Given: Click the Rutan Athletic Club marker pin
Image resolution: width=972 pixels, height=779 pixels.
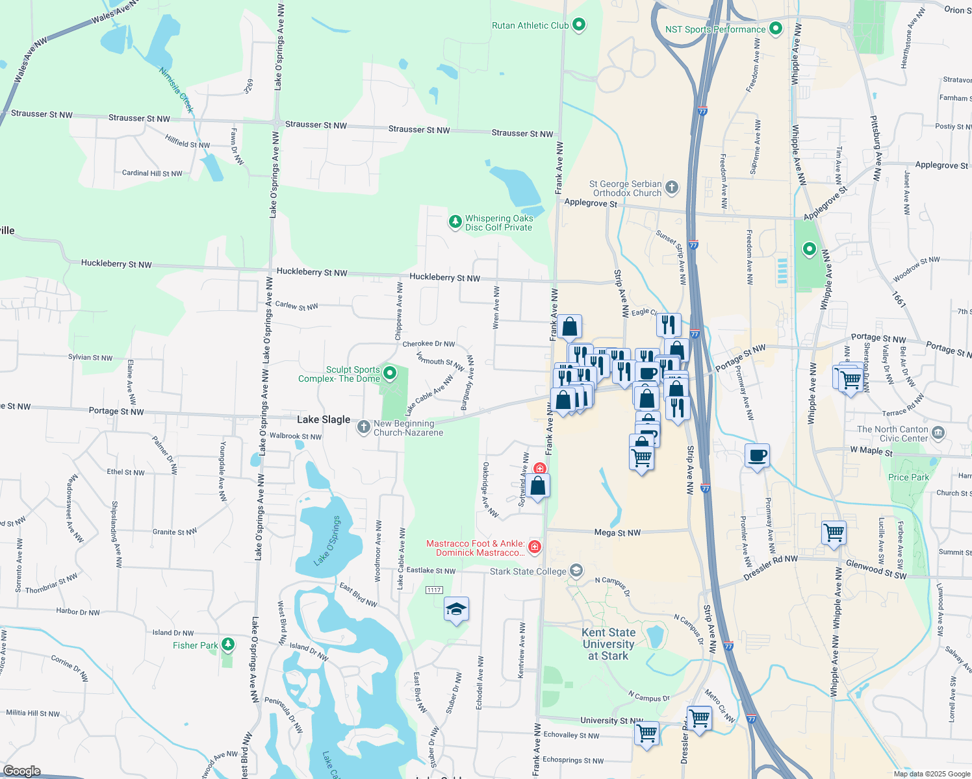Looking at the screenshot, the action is [579, 25].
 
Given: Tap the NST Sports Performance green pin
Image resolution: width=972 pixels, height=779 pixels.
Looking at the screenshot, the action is [775, 29].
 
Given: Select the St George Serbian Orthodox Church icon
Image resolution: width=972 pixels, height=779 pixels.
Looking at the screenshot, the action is [672, 188].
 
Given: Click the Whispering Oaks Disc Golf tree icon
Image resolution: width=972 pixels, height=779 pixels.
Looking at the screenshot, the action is [455, 223].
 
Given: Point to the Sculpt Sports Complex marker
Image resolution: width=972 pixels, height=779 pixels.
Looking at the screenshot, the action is [390, 373].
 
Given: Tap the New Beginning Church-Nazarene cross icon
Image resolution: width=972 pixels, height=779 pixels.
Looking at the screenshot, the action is [363, 427].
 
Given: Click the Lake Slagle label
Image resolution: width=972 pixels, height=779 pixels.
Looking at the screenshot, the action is [324, 420].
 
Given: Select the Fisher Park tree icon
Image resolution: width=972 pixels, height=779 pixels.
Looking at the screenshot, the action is [227, 645].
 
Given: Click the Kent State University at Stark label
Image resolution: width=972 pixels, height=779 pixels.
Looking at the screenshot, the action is [608, 644].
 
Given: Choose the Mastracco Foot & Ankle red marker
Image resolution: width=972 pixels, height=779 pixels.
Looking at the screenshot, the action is [535, 547].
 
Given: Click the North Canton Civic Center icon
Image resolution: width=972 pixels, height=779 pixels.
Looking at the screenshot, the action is [938, 433].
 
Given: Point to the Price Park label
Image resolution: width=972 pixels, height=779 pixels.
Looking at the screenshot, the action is [908, 477].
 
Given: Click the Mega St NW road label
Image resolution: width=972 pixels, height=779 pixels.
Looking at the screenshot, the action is [617, 532].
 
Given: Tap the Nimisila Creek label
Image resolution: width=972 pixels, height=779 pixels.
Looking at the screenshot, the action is [177, 90].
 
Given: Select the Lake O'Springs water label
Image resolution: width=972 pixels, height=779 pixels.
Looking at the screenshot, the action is [327, 541].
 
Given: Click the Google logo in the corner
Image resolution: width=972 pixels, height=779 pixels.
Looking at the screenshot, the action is [21, 771].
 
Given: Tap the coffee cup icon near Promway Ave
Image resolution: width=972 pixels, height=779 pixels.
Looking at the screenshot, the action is [757, 456].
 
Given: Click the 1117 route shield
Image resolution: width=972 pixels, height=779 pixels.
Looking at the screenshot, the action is [434, 590].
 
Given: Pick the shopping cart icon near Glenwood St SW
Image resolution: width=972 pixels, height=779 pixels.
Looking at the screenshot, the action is [834, 532].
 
